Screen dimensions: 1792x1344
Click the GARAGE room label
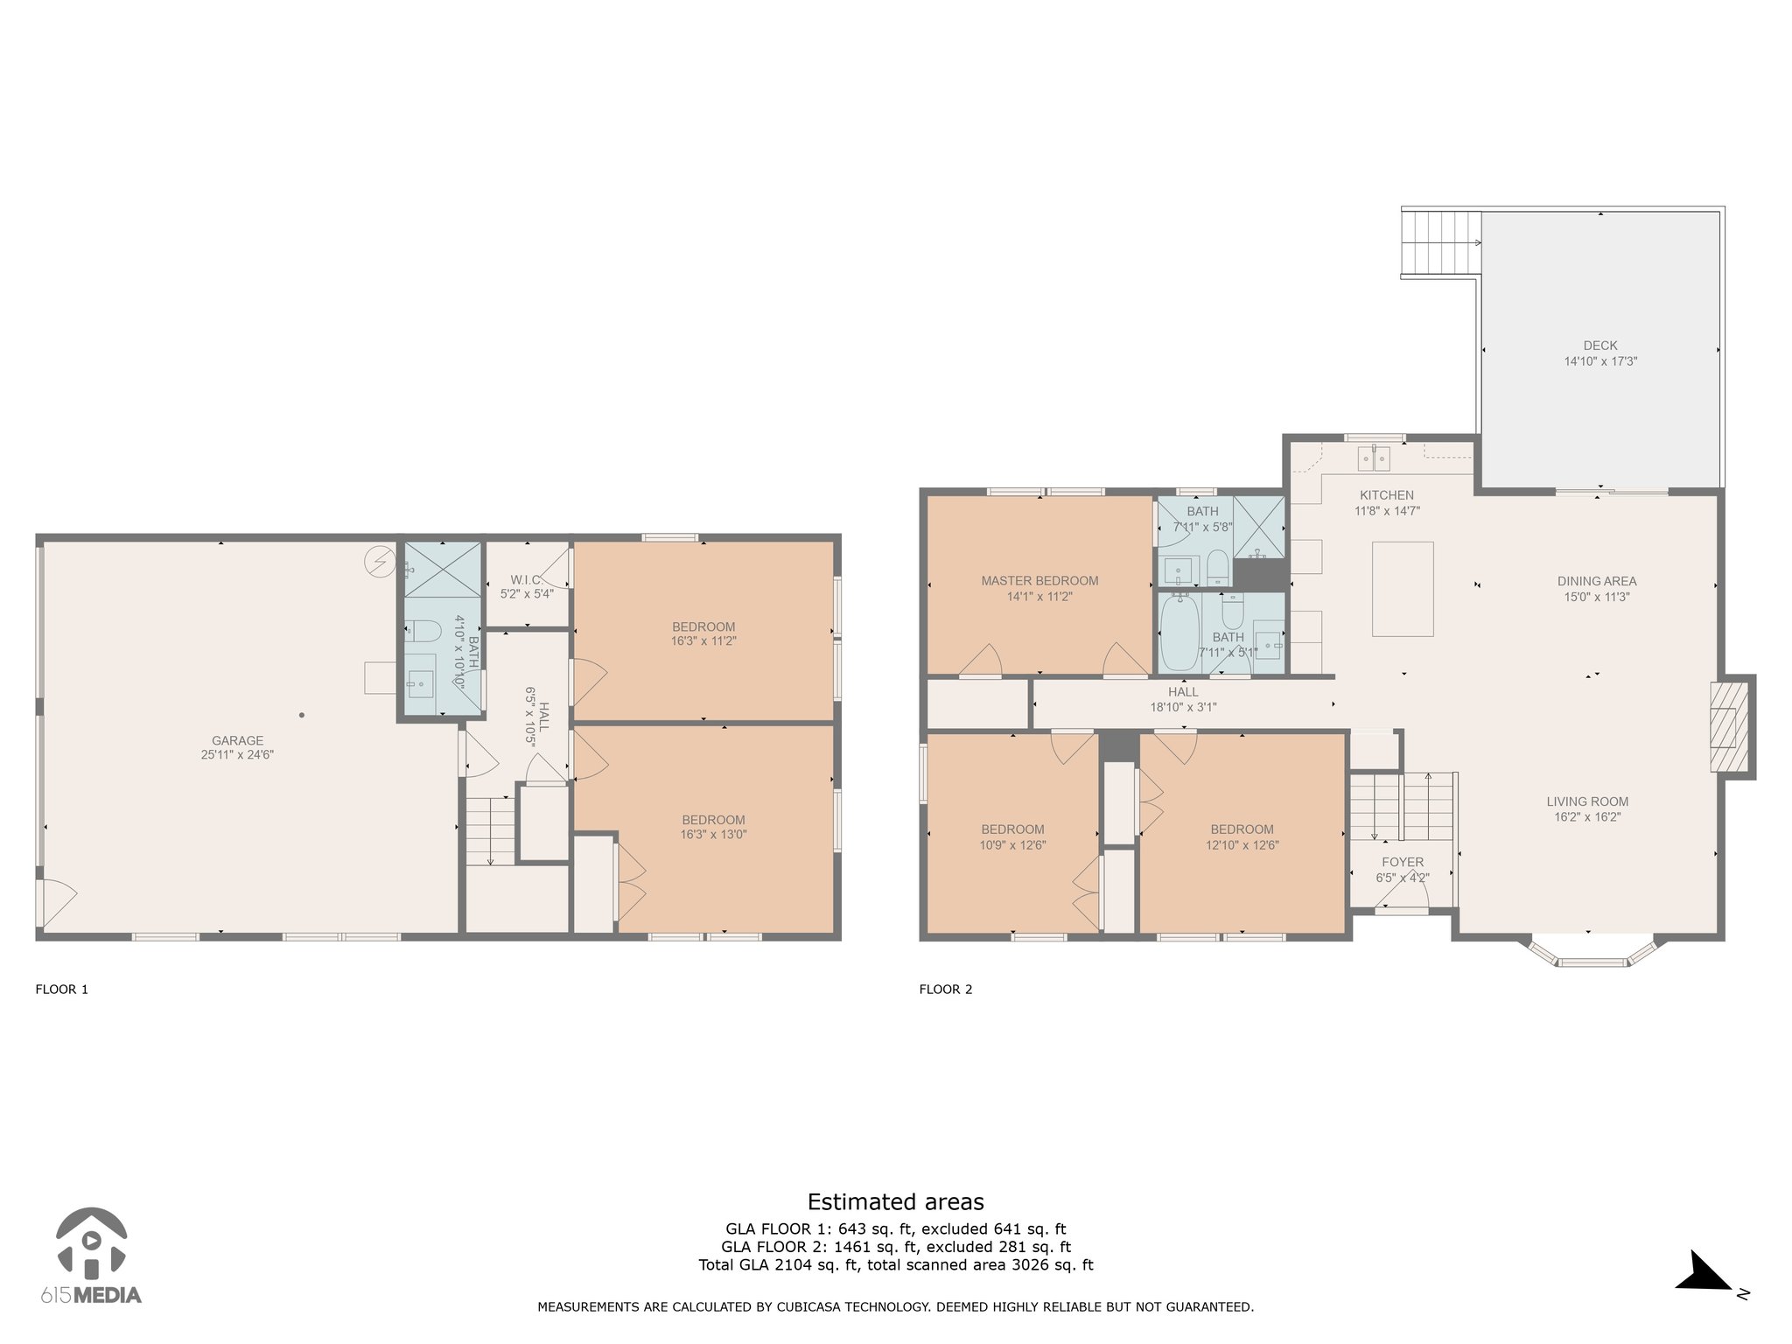pyautogui.click(x=237, y=740)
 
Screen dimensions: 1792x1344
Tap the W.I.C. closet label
pyautogui.click(x=527, y=579)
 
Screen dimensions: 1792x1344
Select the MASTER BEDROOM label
pyautogui.click(x=1039, y=580)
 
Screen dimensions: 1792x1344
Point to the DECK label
pyautogui.click(x=1600, y=346)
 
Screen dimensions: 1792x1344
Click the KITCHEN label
pyautogui.click(x=1387, y=495)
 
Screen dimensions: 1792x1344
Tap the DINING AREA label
pyautogui.click(x=1597, y=581)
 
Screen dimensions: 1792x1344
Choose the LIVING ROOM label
pyautogui.click(x=1587, y=801)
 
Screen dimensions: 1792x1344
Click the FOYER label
pyautogui.click(x=1403, y=862)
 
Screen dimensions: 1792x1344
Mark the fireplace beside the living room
pyautogui.click(x=1731, y=726)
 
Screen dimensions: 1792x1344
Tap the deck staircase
pyautogui.click(x=1441, y=241)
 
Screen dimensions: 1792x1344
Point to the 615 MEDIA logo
pyautogui.click(x=90, y=1256)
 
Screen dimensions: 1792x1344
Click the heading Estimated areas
pyautogui.click(x=895, y=1201)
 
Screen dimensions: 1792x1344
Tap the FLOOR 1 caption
pyautogui.click(x=61, y=990)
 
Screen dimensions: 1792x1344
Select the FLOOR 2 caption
pyautogui.click(x=945, y=990)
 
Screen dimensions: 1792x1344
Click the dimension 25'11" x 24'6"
pyautogui.click(x=237, y=754)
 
